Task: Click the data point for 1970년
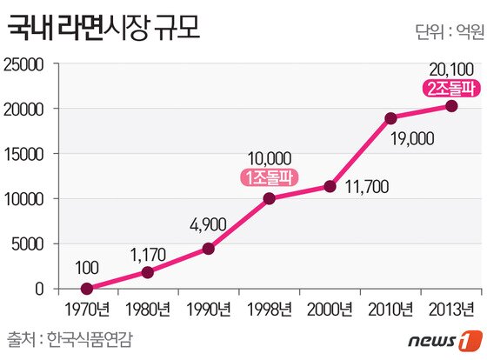pyautogui.click(x=86, y=289)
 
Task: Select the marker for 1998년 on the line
pyautogui.click(x=269, y=198)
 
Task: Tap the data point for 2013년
pyautogui.click(x=451, y=106)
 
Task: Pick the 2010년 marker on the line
pyautogui.click(x=390, y=118)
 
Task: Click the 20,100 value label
pyautogui.click(x=450, y=68)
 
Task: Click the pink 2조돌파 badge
pyautogui.click(x=450, y=87)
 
